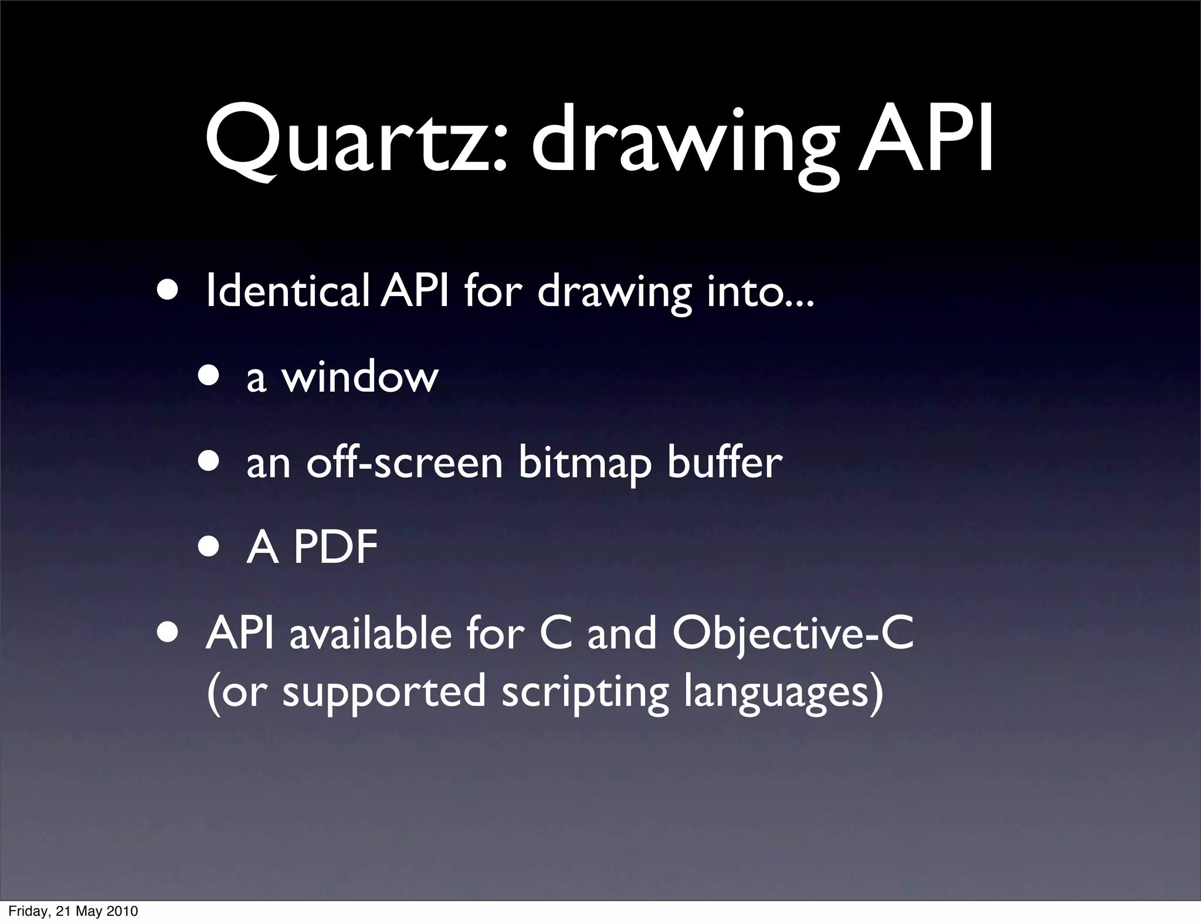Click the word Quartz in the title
click(355, 141)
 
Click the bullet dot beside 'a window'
click(209, 377)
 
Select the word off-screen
click(405, 463)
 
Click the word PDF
click(335, 548)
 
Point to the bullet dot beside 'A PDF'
click(209, 548)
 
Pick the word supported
click(385, 692)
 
